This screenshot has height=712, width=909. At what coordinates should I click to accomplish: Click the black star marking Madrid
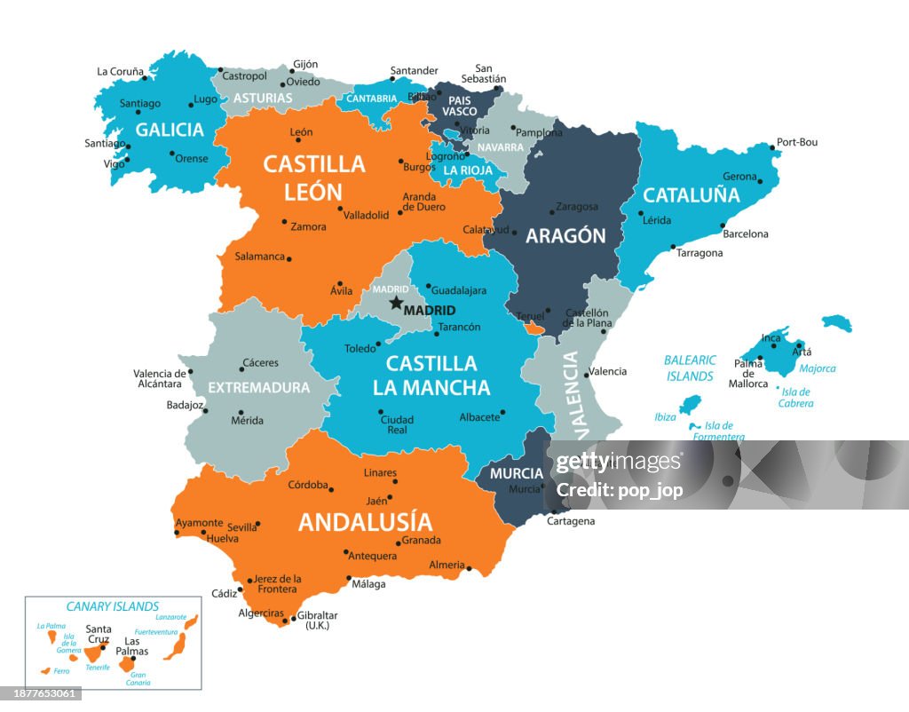(x=396, y=303)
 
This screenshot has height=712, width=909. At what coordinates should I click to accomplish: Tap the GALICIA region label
(x=170, y=130)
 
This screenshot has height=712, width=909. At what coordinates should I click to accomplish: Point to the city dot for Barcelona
(x=723, y=225)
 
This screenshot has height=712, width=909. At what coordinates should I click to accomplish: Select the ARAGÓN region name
(x=565, y=235)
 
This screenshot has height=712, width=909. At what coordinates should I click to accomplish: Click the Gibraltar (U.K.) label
(x=317, y=620)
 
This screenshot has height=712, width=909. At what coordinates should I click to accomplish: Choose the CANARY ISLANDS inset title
(x=113, y=607)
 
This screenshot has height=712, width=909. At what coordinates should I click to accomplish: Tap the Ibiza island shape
(x=690, y=406)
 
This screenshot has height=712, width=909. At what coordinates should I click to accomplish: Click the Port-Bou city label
(x=796, y=142)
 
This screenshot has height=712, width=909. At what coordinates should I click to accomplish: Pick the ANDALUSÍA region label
(x=365, y=522)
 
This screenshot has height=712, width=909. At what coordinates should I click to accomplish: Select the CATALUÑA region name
(x=691, y=195)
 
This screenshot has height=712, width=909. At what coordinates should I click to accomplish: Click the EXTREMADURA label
(x=258, y=388)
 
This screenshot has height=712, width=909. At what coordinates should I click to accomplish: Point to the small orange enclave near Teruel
(x=533, y=329)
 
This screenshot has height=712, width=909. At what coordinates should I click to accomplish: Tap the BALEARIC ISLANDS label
(x=690, y=368)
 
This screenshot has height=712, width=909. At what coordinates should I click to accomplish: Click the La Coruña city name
(x=120, y=72)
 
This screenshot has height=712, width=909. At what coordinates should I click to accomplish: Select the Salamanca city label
(x=259, y=257)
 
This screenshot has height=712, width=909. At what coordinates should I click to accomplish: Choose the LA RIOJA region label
(x=468, y=170)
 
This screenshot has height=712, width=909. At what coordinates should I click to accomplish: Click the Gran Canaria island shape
(x=127, y=664)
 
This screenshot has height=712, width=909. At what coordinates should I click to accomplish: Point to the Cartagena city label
(x=570, y=521)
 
